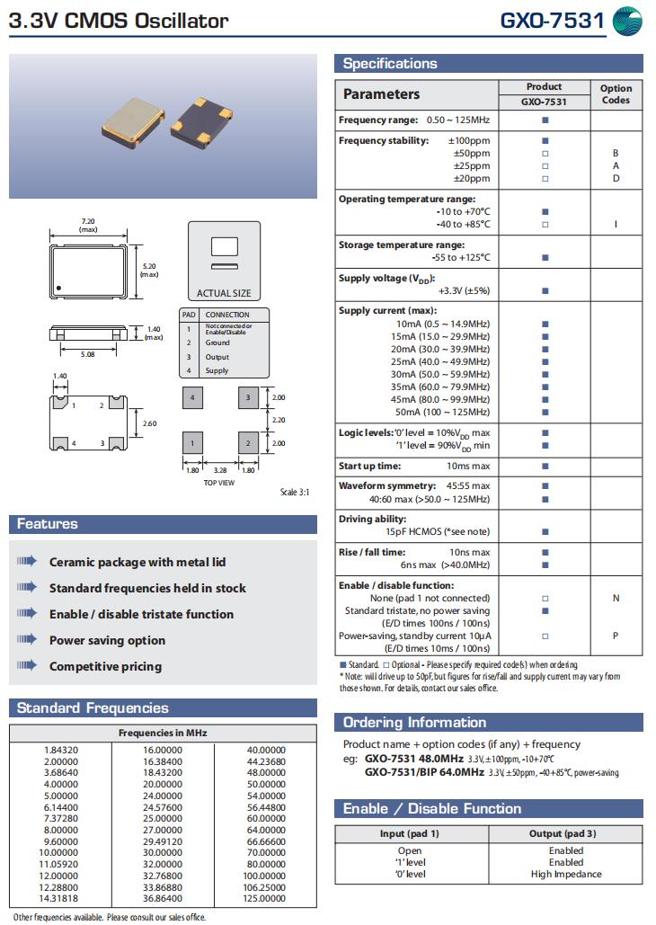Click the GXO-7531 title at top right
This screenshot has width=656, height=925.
click(x=552, y=21)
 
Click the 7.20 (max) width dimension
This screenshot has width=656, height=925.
click(x=89, y=225)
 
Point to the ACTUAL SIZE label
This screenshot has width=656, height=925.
click(x=224, y=293)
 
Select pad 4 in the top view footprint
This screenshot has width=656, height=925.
click(x=191, y=396)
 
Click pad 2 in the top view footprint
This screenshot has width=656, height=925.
click(x=249, y=443)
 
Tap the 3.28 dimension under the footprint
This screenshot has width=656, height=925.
click(x=220, y=469)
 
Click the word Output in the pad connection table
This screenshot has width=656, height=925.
click(x=217, y=357)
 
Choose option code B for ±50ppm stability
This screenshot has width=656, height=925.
click(x=616, y=154)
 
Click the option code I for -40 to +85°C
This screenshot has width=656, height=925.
click(x=616, y=224)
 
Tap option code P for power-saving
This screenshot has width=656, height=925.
click(x=616, y=636)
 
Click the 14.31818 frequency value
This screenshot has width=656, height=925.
click(x=61, y=898)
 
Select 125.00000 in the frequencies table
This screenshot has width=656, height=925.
click(x=265, y=898)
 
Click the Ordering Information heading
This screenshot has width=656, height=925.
click(x=414, y=723)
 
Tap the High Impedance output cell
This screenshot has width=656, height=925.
click(x=566, y=874)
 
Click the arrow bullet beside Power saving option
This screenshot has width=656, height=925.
click(x=27, y=640)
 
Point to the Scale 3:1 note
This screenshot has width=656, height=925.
click(x=295, y=492)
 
